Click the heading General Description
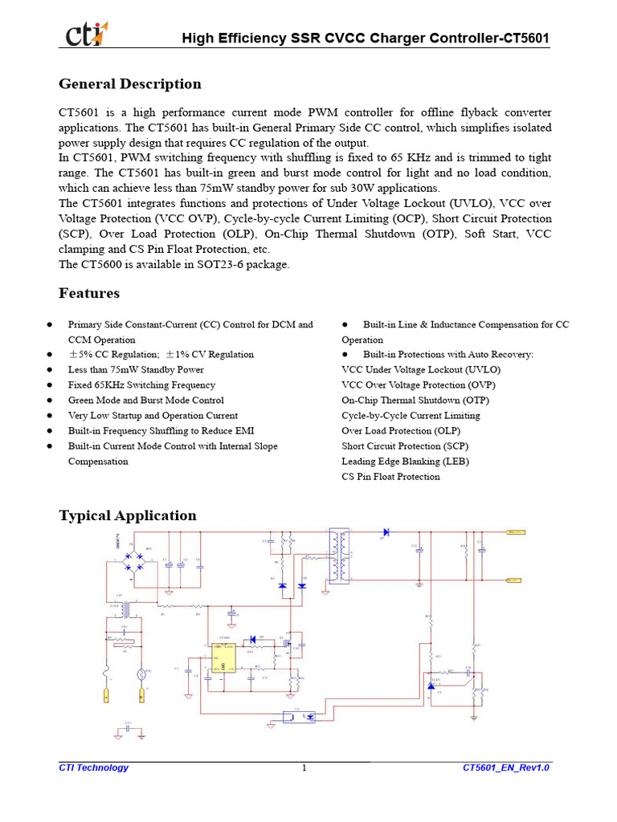pyautogui.click(x=130, y=84)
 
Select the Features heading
pyautogui.click(x=89, y=293)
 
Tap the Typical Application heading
pyautogui.click(x=128, y=515)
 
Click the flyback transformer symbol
pyautogui.click(x=337, y=556)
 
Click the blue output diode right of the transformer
pyautogui.click(x=386, y=531)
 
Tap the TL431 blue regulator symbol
pyautogui.click(x=432, y=685)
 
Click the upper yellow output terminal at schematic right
pyautogui.click(x=514, y=531)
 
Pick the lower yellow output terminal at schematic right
pyautogui.click(x=514, y=579)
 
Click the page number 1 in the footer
pyautogui.click(x=304, y=768)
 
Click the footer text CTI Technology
pyautogui.click(x=93, y=768)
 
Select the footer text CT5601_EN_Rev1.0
pyautogui.click(x=506, y=768)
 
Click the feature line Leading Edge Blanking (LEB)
pyautogui.click(x=405, y=462)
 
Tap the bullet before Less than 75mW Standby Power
pyautogui.click(x=50, y=370)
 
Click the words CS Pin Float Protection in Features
pyautogui.click(x=390, y=477)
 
